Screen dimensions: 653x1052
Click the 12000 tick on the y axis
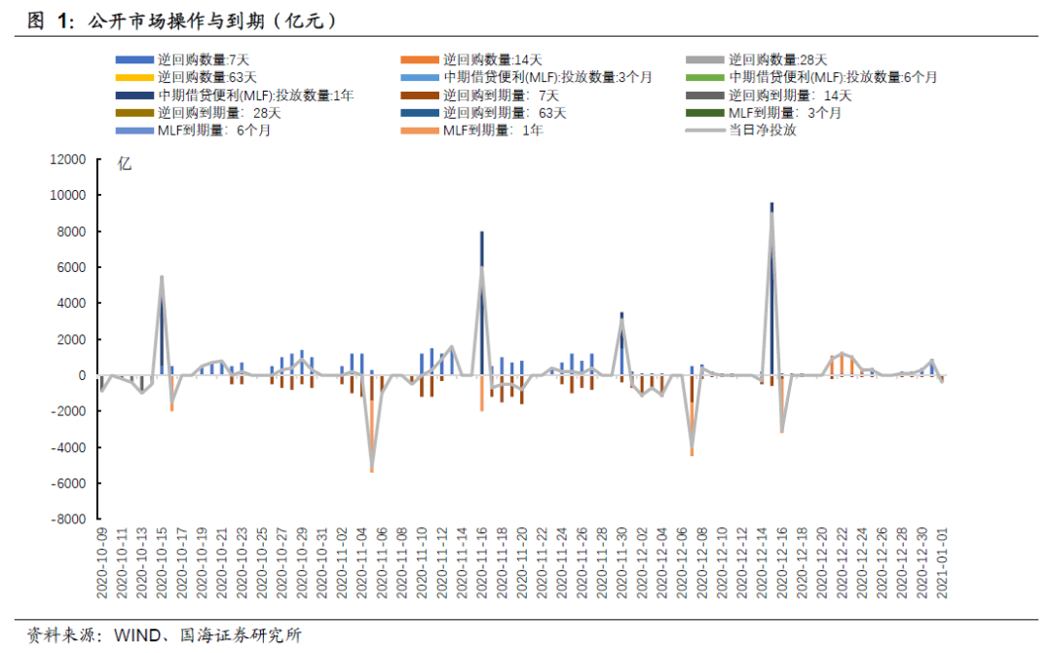click(67, 160)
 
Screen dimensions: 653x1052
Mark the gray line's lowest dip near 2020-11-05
click(371, 466)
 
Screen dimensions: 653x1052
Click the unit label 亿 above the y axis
click(125, 164)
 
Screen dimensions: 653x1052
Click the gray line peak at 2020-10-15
click(162, 277)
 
